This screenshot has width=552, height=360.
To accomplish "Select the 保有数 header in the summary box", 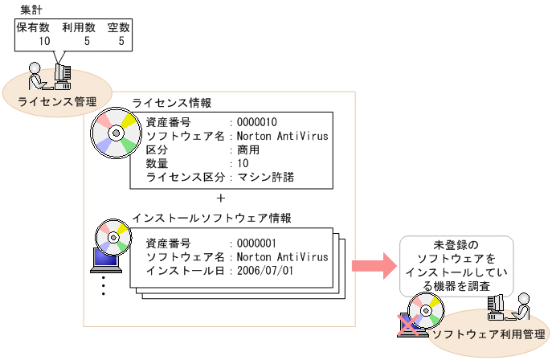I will pos(34,27).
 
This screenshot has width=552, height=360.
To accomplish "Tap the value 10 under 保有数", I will pos(45,40).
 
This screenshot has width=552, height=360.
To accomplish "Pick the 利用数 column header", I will pos(80,27).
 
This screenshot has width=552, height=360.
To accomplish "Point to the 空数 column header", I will pos(118,27).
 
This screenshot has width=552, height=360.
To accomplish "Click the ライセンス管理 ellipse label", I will pos(57,101).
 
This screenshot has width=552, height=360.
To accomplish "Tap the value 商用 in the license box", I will pos(248,149).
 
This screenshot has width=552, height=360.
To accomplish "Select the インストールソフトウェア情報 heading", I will pos(212,218).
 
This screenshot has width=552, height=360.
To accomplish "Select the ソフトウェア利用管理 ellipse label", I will pos(488,333).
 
